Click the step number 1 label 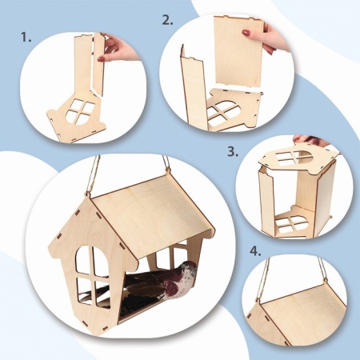click(26, 38)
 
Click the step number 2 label click(167, 20)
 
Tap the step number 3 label click(233, 151)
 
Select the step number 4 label click(255, 251)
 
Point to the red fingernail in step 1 click(101, 58)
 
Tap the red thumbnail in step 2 click(246, 33)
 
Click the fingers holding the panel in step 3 click(310, 140)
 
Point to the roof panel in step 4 click(304, 306)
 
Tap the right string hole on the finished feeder click(168, 170)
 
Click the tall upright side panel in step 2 click(193, 88)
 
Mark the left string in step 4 click(262, 278)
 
